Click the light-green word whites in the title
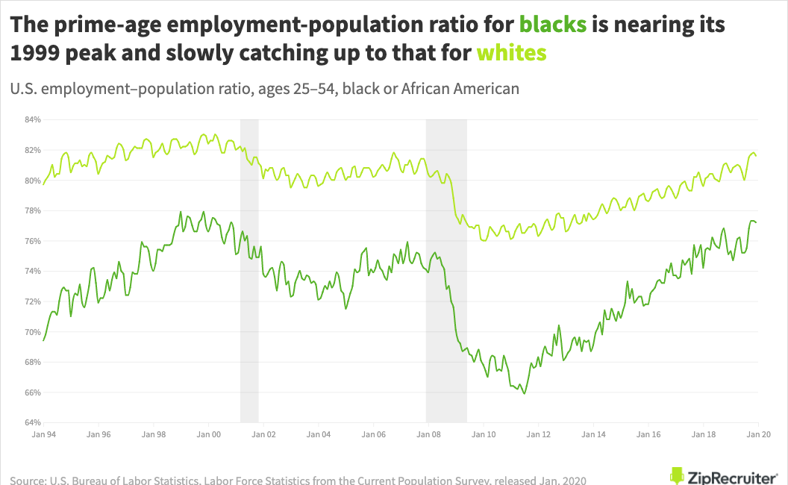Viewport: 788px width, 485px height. coord(511,53)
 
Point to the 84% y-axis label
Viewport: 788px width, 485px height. coord(31,119)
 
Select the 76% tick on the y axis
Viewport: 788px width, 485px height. coord(31,241)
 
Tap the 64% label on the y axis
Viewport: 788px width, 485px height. coord(31,423)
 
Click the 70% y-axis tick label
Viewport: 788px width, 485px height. coord(31,332)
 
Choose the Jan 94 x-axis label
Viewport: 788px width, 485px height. coord(44,434)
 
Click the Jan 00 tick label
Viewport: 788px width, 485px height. coord(209,434)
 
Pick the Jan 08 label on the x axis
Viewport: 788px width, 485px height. coord(429,434)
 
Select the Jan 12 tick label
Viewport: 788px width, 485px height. coord(539,434)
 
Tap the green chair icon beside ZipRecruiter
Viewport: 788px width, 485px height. coord(678,475)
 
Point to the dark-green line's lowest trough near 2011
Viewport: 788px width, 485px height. coord(524,392)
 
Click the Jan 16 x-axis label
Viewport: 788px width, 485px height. coord(648,434)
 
